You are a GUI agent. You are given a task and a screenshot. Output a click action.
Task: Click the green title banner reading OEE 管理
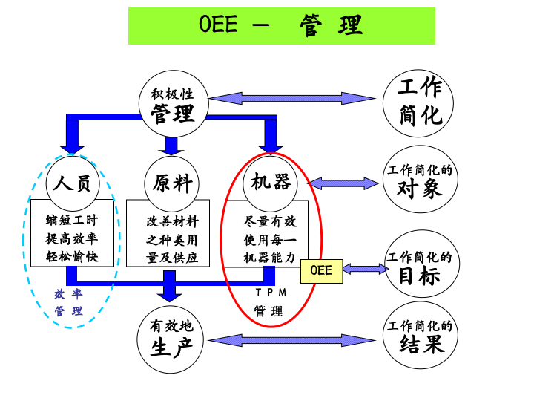tap(281, 25)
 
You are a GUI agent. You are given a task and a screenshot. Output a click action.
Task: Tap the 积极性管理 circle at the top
tap(173, 105)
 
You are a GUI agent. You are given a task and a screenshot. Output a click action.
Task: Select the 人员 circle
tap(72, 183)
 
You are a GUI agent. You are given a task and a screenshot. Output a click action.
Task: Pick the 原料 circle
tap(172, 183)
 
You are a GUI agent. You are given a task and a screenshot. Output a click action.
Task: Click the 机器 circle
tap(270, 183)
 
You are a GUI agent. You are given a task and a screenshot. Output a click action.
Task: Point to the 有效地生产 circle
tap(171, 338)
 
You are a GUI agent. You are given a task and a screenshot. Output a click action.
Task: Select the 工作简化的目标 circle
tap(420, 267)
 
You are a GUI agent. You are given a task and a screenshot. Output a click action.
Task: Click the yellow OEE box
tap(321, 271)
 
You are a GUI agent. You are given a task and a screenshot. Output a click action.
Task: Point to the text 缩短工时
tap(72, 221)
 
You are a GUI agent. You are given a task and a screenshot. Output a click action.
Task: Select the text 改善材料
tap(172, 221)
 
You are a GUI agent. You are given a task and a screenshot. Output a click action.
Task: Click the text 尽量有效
tap(270, 221)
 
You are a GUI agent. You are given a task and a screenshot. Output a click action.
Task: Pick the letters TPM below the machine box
tap(270, 293)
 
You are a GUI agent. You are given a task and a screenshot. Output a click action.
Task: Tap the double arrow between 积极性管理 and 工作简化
tap(292, 97)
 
